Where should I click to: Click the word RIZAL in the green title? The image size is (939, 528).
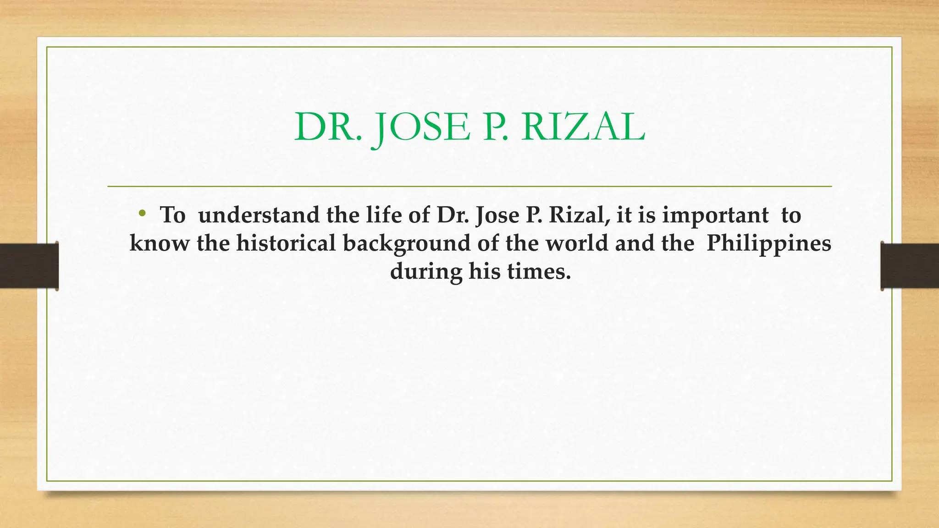click(583, 127)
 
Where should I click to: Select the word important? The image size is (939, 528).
click(715, 215)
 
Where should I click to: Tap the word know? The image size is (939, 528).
click(159, 243)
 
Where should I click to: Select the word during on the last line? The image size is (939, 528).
click(426, 271)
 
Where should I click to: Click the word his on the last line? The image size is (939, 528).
click(484, 271)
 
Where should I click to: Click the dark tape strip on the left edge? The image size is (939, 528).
click(29, 266)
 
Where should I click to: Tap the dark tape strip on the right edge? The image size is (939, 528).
click(910, 266)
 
